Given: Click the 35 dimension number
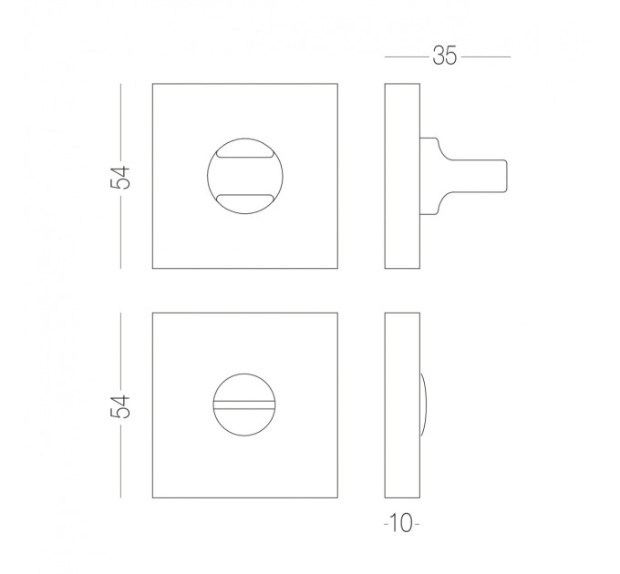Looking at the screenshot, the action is click(445, 56).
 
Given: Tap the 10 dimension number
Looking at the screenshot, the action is click(401, 523).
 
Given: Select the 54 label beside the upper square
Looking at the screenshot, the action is click(120, 178).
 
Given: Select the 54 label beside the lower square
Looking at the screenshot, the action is click(120, 406).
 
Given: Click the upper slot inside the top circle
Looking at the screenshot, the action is click(244, 154).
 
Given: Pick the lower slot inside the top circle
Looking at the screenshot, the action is click(244, 198).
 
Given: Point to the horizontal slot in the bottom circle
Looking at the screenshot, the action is click(244, 405).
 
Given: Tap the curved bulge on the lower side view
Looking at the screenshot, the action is click(424, 405).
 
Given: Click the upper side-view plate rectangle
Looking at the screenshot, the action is click(402, 176).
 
